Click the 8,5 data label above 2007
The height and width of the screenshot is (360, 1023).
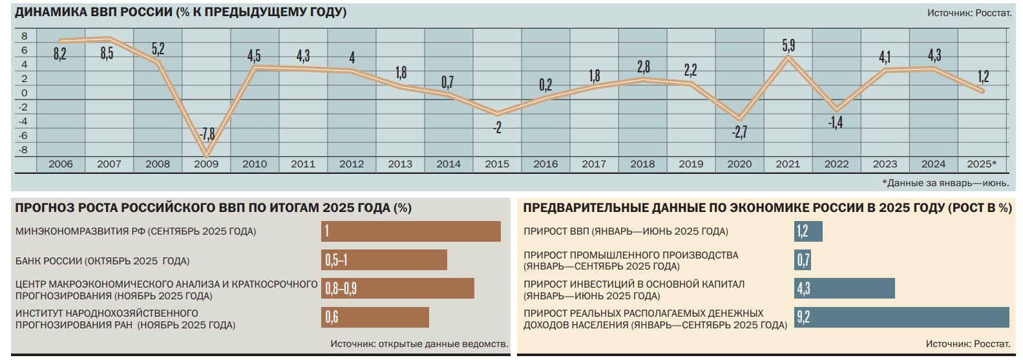pyautogui.click(x=107, y=54)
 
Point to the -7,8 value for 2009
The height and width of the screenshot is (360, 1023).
pyautogui.click(x=207, y=134)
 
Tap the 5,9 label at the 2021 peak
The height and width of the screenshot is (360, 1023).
pyautogui.click(x=788, y=45)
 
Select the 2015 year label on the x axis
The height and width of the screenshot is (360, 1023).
pyautogui.click(x=497, y=164)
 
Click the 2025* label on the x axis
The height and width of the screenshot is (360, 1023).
pyautogui.click(x=982, y=164)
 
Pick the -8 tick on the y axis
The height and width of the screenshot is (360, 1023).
pyautogui.click(x=25, y=150)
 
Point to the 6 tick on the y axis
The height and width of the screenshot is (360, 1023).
pyautogui.click(x=25, y=50)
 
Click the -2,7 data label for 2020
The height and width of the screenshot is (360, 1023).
pyautogui.click(x=739, y=132)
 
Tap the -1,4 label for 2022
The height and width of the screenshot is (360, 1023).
pyautogui.click(x=836, y=122)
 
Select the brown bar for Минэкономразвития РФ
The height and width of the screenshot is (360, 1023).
pyautogui.click(x=410, y=231)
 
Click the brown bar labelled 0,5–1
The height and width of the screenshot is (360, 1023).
pyautogui.click(x=384, y=260)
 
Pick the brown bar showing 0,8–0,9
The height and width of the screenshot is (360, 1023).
pyautogui.click(x=397, y=288)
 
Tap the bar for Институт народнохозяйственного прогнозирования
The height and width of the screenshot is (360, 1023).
pyautogui.click(x=375, y=317)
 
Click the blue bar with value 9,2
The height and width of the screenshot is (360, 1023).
pyautogui.click(x=902, y=317)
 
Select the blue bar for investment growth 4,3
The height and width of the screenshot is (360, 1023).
pyautogui.click(x=844, y=288)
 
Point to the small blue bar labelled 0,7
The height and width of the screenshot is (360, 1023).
pyautogui.click(x=803, y=260)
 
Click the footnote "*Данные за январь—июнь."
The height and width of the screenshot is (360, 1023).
pyautogui.click(x=945, y=183)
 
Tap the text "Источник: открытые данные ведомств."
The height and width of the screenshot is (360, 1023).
pyautogui.click(x=419, y=344)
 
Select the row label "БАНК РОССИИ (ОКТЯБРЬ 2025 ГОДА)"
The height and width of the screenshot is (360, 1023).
pyautogui.click(x=102, y=261)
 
